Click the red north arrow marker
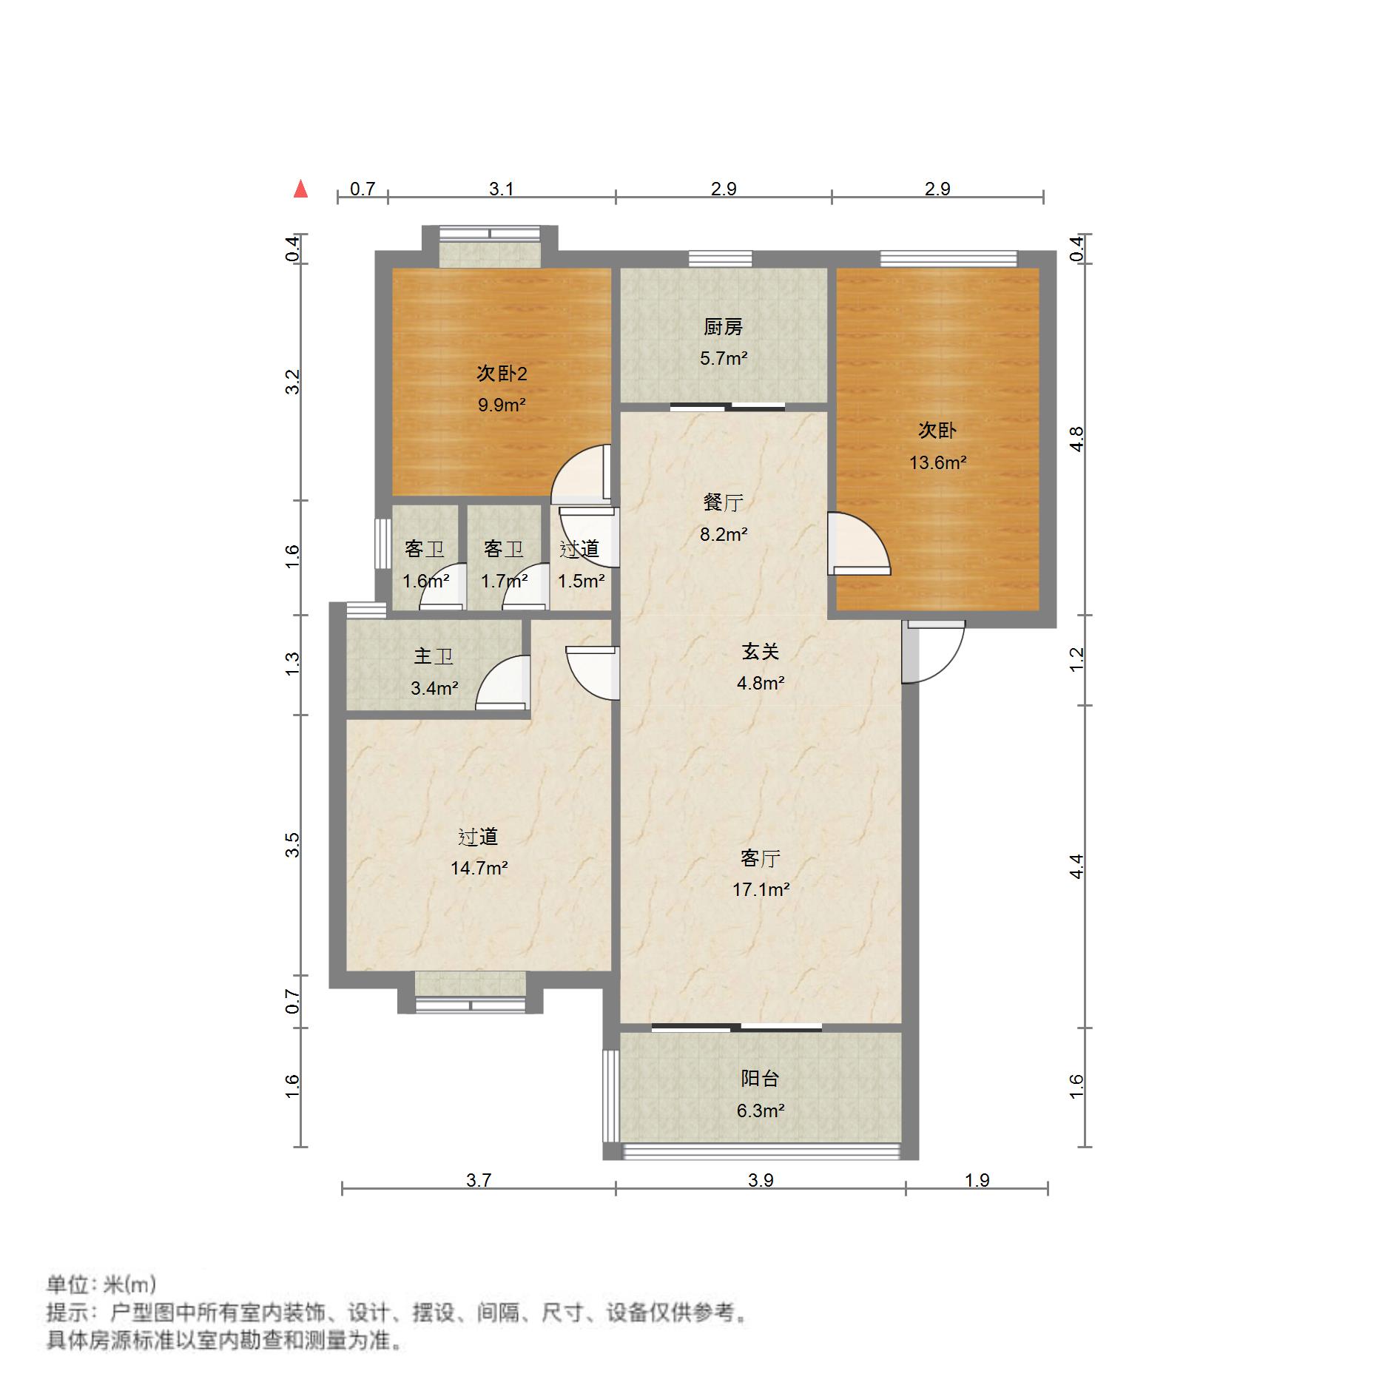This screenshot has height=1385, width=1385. (x=300, y=189)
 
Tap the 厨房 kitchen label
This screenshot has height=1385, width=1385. (x=723, y=326)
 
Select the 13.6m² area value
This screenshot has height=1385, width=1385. (x=938, y=463)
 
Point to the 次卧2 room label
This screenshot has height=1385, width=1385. (x=502, y=374)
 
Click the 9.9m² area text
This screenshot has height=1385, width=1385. (x=502, y=405)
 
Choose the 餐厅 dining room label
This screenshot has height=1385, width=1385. (x=723, y=502)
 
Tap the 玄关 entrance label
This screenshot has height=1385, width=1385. (x=761, y=652)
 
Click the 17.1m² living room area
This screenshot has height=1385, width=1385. (x=761, y=889)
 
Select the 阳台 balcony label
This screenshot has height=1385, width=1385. (x=761, y=1079)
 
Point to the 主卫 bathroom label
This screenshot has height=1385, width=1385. (x=434, y=656)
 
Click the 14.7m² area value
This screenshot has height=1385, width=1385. (x=479, y=868)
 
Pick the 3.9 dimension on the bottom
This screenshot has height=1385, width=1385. (x=761, y=1180)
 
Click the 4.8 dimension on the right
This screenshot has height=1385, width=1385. (x=1076, y=439)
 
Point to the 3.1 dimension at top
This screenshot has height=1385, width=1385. (x=502, y=189)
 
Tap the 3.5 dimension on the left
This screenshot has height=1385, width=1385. (x=293, y=845)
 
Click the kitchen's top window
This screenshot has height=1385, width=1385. (x=721, y=258)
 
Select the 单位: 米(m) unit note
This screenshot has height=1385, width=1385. (x=101, y=1284)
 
